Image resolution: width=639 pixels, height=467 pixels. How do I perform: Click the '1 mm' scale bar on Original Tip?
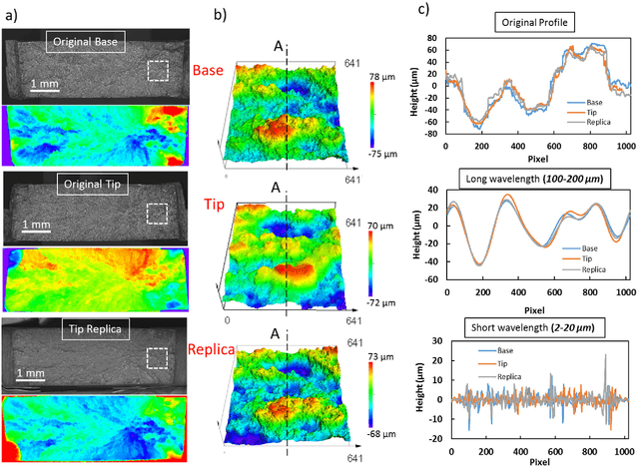point(41,225)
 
